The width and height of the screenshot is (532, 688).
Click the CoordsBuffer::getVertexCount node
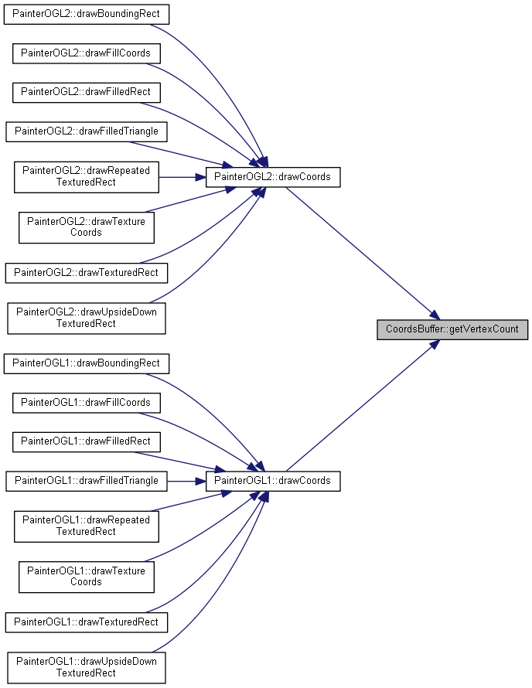pyautogui.click(x=452, y=329)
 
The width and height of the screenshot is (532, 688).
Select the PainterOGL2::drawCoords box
pyautogui.click(x=273, y=177)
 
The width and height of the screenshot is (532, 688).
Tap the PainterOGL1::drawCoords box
pyautogui.click(x=273, y=481)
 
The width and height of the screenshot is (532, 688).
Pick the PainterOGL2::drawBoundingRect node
pyautogui.click(x=87, y=14)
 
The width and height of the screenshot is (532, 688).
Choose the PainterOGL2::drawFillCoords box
pyautogui.click(x=87, y=53)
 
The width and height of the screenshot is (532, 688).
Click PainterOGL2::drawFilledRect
pyautogui.click(x=87, y=93)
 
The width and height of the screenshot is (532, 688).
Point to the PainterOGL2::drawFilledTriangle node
pyautogui.click(x=87, y=131)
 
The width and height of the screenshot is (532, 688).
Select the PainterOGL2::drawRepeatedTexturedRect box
pyautogui.click(x=87, y=177)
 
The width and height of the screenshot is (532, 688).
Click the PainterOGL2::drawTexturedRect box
pyautogui.click(x=87, y=273)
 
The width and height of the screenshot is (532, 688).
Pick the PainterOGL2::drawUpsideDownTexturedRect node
pyautogui.click(x=87, y=318)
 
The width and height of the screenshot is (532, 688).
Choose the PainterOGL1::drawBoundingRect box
pyautogui.click(x=87, y=364)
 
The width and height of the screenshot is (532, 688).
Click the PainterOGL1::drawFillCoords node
pyautogui.click(x=87, y=403)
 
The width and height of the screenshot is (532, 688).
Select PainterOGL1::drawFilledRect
pyautogui.click(x=87, y=442)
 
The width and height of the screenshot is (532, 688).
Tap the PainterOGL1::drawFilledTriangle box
pyautogui.click(x=87, y=481)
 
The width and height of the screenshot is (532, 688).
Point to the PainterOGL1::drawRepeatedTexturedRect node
pyautogui.click(x=87, y=526)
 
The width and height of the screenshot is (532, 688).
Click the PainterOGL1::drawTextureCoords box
pyautogui.click(x=87, y=577)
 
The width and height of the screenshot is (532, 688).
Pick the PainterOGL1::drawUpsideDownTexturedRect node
pyautogui.click(x=87, y=668)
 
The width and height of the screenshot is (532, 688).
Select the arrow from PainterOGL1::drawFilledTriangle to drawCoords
pyautogui.click(x=186, y=482)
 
